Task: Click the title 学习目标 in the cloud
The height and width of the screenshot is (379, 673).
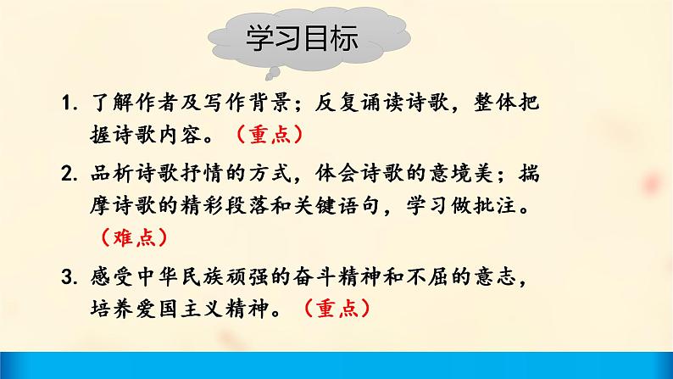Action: [301, 39]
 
